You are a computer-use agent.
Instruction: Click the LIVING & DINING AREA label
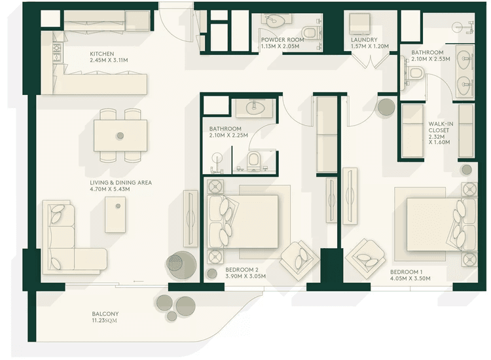pos(121,186)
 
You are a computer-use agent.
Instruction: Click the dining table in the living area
pos(120,135)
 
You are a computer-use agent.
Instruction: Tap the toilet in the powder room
pos(309,31)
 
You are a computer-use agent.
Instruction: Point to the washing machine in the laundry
pos(360,25)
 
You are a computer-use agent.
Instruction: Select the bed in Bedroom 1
pos(435,219)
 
